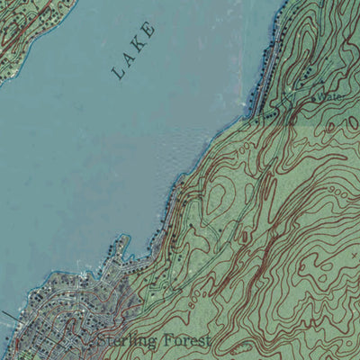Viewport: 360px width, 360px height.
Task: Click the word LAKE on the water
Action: pyautogui.click(x=136, y=52)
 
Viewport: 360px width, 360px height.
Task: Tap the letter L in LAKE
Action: pyautogui.click(x=120, y=74)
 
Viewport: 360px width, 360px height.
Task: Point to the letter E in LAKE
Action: pyautogui.click(x=149, y=30)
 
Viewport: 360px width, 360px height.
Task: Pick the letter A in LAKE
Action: pyautogui.click(x=129, y=59)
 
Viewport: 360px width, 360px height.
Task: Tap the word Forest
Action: pyautogui.click(x=185, y=340)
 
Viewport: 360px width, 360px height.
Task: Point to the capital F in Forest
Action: pyautogui.click(x=163, y=340)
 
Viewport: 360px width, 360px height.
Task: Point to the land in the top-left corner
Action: pyautogui.click(x=22, y=31)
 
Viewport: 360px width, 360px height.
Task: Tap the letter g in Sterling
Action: pyautogui.click(x=147, y=343)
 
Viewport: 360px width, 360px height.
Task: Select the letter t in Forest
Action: pyautogui.click(x=207, y=340)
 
